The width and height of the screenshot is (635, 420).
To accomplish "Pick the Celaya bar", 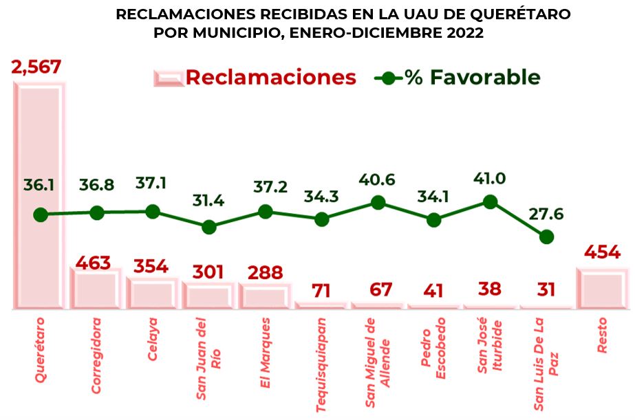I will pos(152,294).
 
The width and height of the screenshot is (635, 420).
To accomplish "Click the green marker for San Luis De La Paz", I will pos(546,236).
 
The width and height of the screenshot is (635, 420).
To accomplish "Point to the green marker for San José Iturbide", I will pos(490,201).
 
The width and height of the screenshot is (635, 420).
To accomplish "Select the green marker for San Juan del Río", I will pos(209,227).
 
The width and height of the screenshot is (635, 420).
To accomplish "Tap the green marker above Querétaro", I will pos(41,214).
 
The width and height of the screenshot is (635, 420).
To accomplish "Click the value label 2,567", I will pos(36,67).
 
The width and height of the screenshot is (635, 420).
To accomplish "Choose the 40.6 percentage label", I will pos(377,179).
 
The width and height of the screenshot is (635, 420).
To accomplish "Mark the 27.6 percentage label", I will pos(546,214).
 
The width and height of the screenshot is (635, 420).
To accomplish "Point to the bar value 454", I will pos(602,252).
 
